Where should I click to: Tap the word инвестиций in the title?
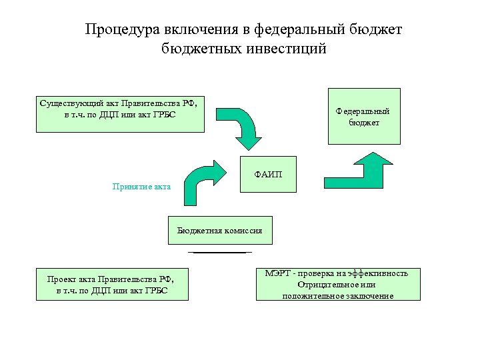[x=285, y=49]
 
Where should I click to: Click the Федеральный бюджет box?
[x=364, y=117]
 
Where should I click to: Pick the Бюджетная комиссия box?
[x=219, y=231]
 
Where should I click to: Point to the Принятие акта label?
[x=141, y=187]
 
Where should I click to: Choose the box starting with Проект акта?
[x=111, y=284]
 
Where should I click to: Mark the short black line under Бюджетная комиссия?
[x=219, y=253]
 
